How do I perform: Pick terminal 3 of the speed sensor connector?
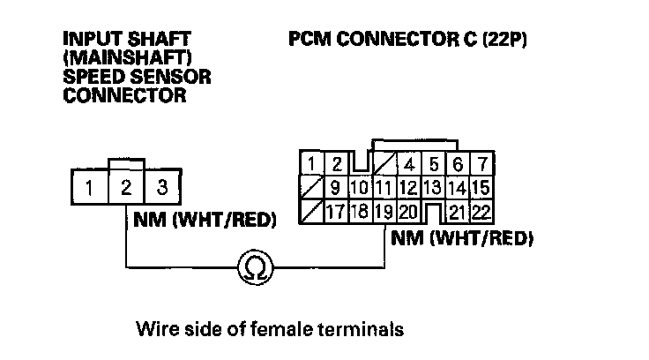tap(160, 187)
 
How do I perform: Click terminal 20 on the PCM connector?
tap(407, 212)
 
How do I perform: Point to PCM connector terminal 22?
tap(481, 212)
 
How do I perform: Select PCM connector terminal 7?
tap(481, 164)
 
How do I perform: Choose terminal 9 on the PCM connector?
tap(335, 188)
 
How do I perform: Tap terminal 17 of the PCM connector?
tap(335, 212)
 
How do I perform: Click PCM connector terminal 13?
tap(431, 188)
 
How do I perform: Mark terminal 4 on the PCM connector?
tap(409, 164)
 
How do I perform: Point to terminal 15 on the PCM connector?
tap(481, 188)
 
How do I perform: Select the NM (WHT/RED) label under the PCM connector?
tap(463, 237)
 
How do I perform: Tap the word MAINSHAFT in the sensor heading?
tap(112, 58)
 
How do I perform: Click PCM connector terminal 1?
tap(311, 164)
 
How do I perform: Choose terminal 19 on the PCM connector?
tap(383, 212)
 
